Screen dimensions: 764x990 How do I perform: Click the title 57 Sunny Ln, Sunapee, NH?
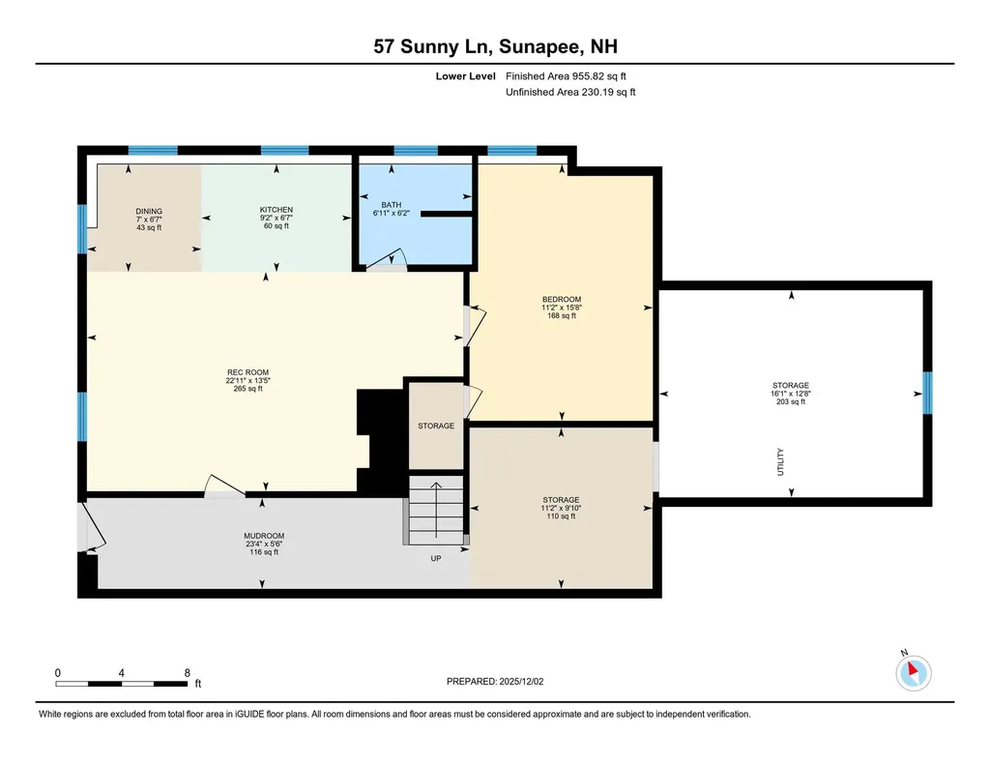(495, 45)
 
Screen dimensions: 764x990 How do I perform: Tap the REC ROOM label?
(247, 372)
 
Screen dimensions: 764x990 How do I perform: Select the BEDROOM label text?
(562, 299)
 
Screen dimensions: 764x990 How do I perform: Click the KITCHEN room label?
(276, 210)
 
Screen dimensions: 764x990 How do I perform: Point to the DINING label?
(149, 212)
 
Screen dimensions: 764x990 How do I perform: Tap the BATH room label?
(391, 205)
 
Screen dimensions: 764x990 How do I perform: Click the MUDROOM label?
(263, 536)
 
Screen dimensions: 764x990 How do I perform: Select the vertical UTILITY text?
(780, 461)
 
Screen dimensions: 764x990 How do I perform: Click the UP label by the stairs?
(437, 558)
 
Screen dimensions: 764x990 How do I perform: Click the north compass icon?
(914, 671)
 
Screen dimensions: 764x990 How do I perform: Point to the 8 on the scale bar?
(187, 672)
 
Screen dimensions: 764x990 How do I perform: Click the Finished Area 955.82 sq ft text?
(572, 75)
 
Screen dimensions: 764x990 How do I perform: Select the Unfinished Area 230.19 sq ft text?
(570, 93)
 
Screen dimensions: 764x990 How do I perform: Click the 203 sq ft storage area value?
(791, 401)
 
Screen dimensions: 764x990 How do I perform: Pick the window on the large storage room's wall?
(927, 392)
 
